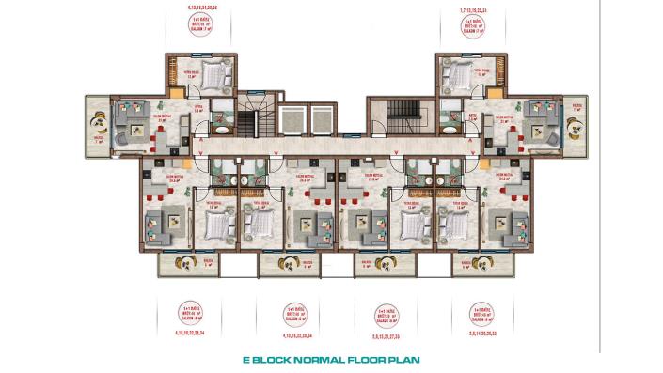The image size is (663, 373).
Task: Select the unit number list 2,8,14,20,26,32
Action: pyautogui.click(x=481, y=334)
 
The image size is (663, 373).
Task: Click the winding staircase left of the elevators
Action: pyautogui.click(x=249, y=122)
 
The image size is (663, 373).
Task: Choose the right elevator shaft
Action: pyautogui.click(x=321, y=123)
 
